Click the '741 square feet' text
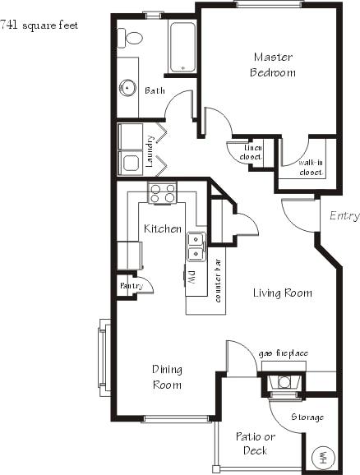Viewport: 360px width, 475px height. click(39, 25)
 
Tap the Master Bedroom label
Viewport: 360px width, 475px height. click(274, 65)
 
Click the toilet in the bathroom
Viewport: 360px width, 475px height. click(131, 38)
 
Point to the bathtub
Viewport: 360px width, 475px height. click(182, 48)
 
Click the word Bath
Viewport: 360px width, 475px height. click(155, 90)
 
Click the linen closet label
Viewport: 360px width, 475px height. click(252, 151)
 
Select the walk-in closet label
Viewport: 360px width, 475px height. click(310, 168)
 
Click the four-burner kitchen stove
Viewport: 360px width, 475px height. click(162, 194)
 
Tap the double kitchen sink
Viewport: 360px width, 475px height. click(196, 245)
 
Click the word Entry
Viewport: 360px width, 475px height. click(344, 216)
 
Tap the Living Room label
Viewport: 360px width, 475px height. click(282, 293)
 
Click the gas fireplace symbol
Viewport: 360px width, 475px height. click(284, 381)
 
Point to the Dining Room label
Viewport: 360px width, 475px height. click(166, 377)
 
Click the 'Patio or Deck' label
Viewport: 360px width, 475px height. click(255, 443)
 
